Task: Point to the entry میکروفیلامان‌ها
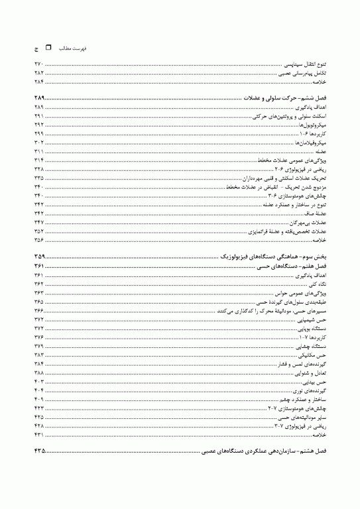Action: point(312,143)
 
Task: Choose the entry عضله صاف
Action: point(316,214)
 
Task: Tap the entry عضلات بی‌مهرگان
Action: point(309,223)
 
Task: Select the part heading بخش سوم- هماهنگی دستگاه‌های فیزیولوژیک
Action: point(273,256)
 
